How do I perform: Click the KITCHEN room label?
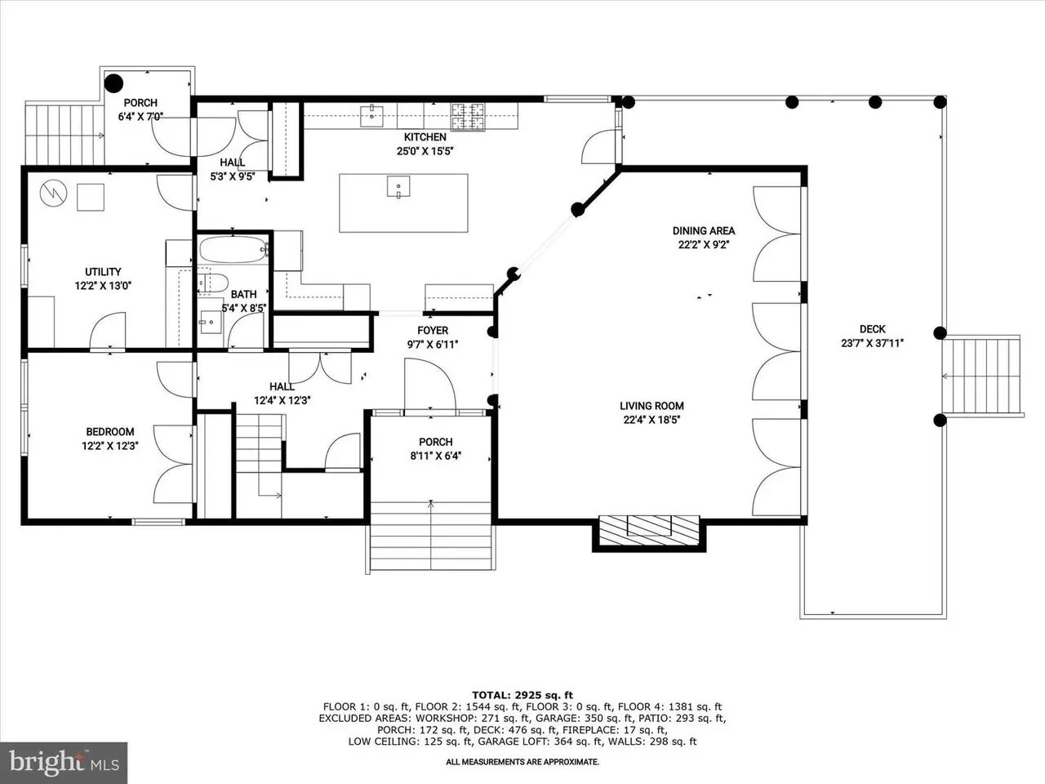[425, 137]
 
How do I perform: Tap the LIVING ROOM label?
[651, 406]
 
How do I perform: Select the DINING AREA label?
[704, 231]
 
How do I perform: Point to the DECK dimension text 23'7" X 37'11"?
[872, 343]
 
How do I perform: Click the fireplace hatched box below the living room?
[649, 531]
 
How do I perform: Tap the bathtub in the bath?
[233, 249]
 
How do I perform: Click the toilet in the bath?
[212, 283]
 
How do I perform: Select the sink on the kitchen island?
[398, 186]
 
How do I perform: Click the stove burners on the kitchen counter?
[468, 117]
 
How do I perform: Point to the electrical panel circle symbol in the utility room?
[53, 194]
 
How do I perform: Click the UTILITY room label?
[103, 272]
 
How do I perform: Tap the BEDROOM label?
[110, 432]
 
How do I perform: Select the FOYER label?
[433, 331]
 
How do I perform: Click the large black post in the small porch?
[113, 83]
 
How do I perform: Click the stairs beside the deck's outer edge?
[982, 376]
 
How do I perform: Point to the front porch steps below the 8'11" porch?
[431, 536]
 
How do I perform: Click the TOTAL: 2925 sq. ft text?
[522, 696]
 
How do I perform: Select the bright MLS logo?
[64, 763]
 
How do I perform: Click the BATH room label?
[244, 295]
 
